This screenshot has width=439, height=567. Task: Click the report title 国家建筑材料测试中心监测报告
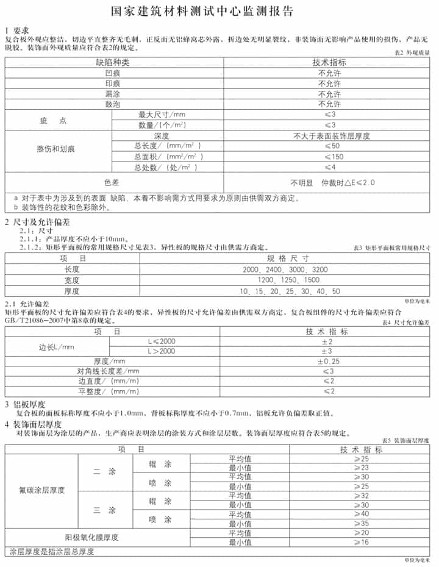pos(219,12)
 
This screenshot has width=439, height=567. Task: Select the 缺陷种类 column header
pos(113,62)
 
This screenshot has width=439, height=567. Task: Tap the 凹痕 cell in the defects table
pos(113,73)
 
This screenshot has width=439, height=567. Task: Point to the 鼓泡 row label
pos(113,105)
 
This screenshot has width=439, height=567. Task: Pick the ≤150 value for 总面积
pos(330,157)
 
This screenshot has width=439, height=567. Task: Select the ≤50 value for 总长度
pos(330,146)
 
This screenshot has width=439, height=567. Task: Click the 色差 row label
pos(113,182)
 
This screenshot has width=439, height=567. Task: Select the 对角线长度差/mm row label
pos(108,371)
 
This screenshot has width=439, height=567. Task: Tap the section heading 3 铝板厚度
pos(26,404)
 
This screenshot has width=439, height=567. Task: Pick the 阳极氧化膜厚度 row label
pos(91,537)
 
